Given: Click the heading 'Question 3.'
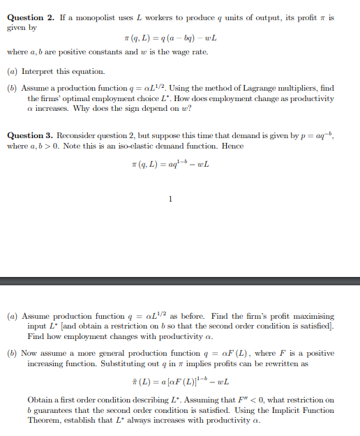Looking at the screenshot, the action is [x=29, y=135].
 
